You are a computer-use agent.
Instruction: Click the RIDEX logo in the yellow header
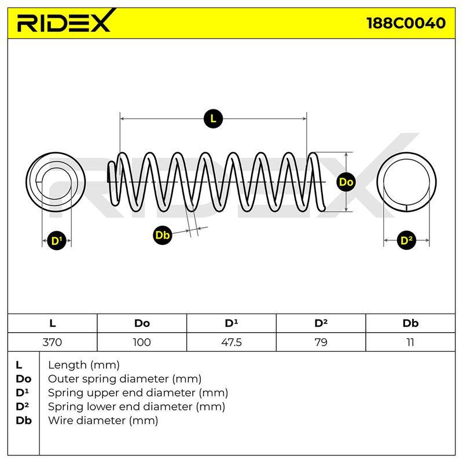coord(66,21)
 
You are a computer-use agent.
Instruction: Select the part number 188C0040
coord(406,23)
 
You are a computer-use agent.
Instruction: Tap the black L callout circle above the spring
coord(213,119)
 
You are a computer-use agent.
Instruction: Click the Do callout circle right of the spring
coord(346,182)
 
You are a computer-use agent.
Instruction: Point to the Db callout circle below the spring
coord(162,235)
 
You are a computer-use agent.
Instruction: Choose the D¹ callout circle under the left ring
coord(56,241)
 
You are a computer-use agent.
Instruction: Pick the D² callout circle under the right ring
coord(406,240)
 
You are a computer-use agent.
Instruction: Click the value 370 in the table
coord(52,342)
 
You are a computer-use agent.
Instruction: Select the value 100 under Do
coord(142,342)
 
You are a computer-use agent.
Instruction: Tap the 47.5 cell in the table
coord(231,342)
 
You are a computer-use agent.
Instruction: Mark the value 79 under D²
coord(321,342)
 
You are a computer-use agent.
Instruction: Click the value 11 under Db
coord(410,342)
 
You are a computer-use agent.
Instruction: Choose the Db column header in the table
coord(410,324)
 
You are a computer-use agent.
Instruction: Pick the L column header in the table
coord(53,324)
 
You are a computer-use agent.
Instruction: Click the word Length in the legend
coord(67,366)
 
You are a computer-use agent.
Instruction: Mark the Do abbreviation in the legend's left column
coord(23,379)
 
